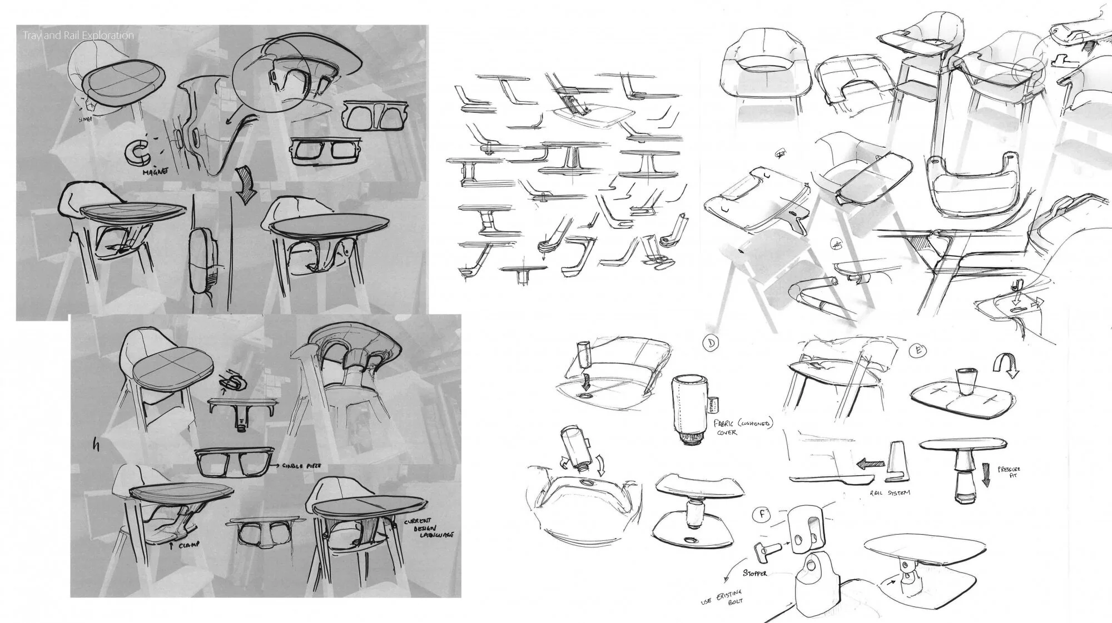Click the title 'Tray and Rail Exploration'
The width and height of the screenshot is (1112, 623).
click(78, 36)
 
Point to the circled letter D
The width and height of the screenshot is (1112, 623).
click(711, 344)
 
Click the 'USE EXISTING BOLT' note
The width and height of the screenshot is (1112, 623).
click(721, 599)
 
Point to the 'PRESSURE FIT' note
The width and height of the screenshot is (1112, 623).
click(1009, 474)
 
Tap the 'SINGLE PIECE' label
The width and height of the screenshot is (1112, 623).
click(300, 466)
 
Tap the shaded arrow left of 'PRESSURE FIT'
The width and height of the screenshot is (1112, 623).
click(986, 476)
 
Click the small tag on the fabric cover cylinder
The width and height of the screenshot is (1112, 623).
click(715, 402)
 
